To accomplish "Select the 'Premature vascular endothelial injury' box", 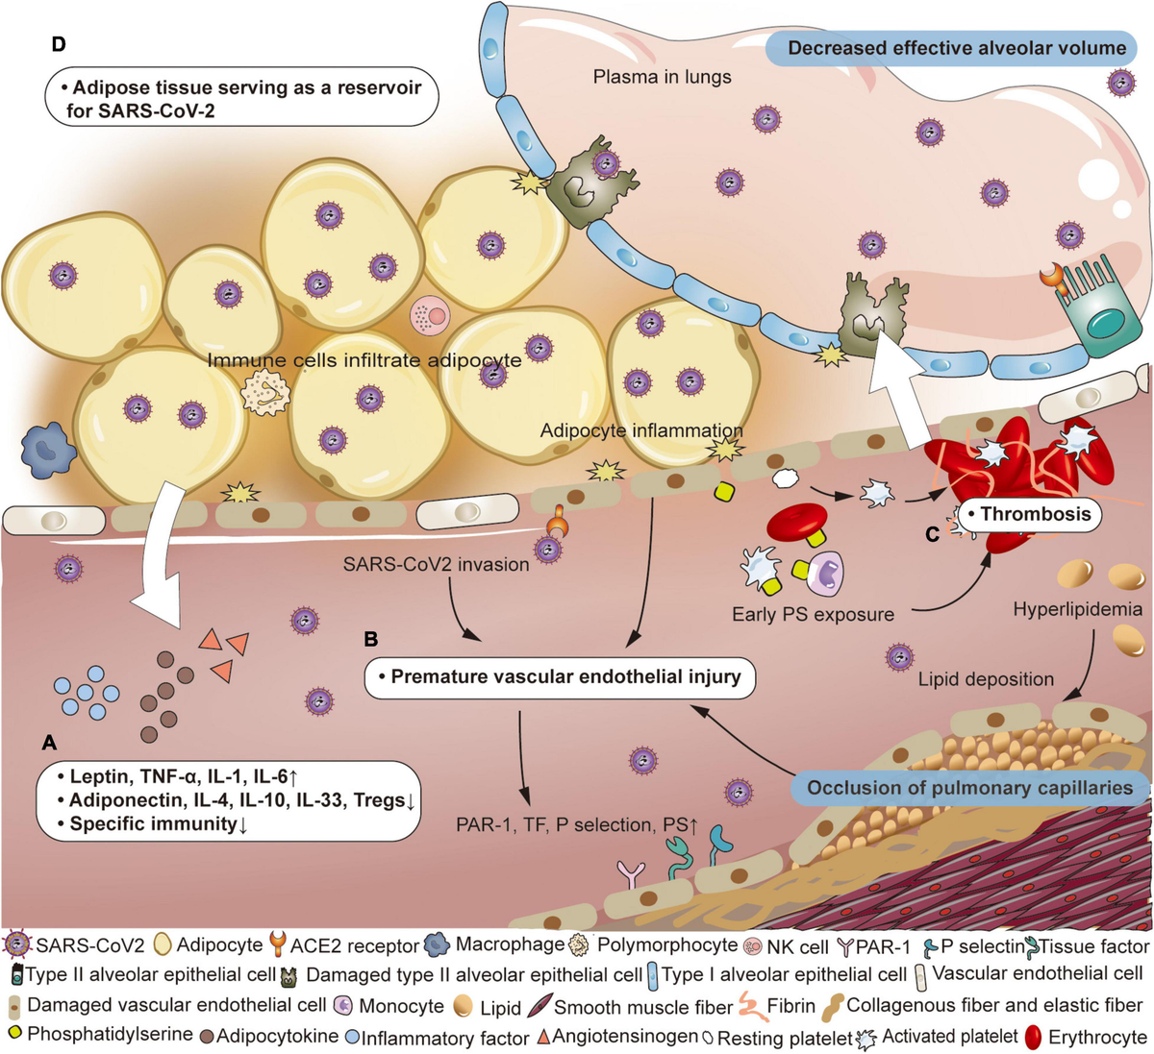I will click(x=560, y=676).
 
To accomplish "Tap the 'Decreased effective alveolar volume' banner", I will click(x=956, y=49).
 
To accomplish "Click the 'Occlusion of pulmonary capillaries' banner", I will click(x=969, y=788).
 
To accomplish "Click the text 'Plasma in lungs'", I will click(x=662, y=76).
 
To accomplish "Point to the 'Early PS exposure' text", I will click(x=813, y=614).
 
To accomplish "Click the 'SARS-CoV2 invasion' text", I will click(x=436, y=564).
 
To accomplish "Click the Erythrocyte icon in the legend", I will click(x=1035, y=1038).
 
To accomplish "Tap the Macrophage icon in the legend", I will click(x=437, y=945).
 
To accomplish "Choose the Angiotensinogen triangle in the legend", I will click(x=543, y=1038).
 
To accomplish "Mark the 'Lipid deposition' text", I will click(x=986, y=679).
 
